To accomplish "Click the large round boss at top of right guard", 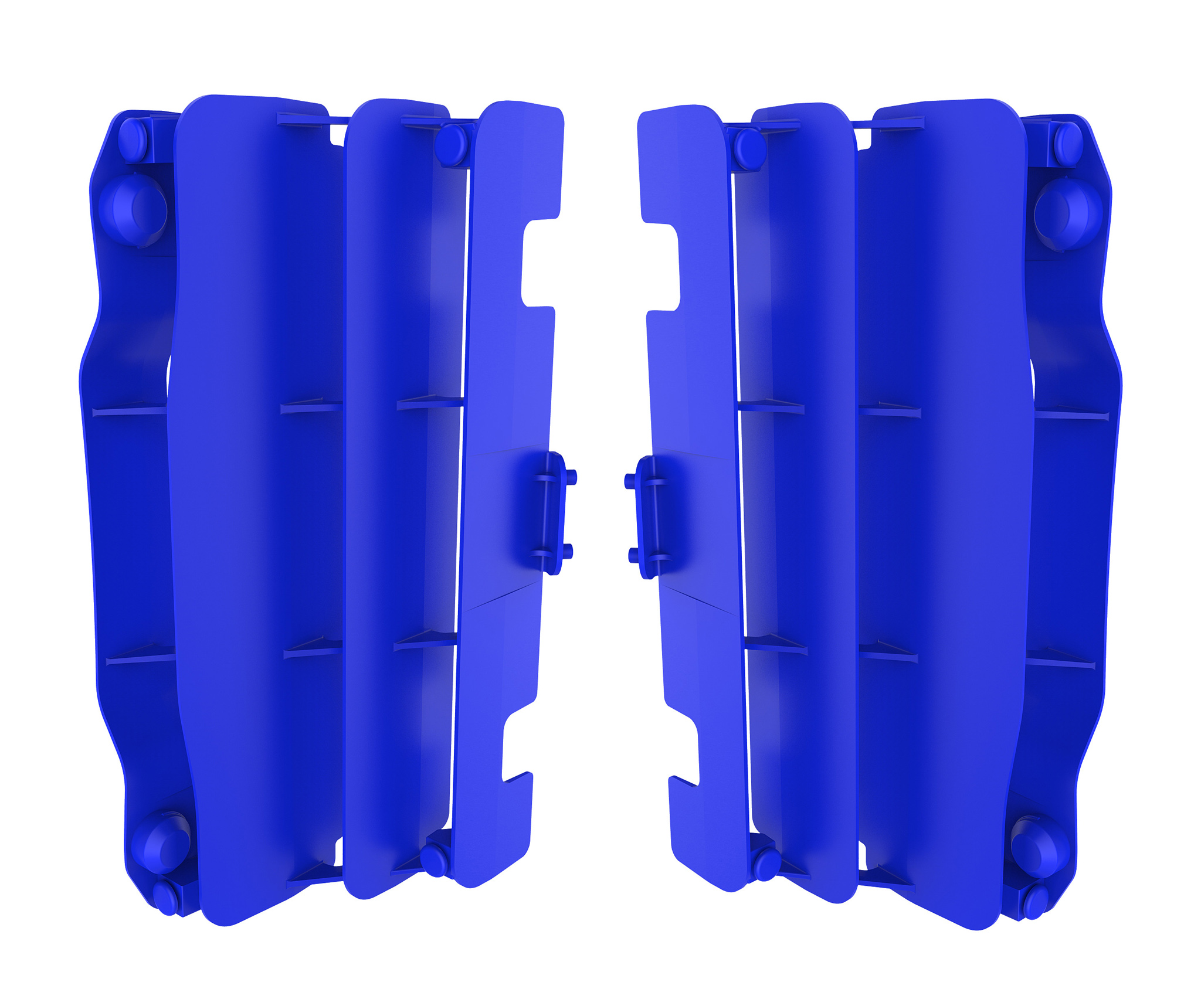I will pyautogui.click(x=1067, y=214).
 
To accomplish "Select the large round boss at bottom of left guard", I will pyautogui.click(x=161, y=843).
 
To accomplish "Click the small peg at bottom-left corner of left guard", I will pyautogui.click(x=167, y=898).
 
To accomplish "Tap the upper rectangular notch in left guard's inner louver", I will pyautogui.click(x=538, y=263).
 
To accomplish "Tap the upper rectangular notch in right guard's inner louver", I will pyautogui.click(x=661, y=267).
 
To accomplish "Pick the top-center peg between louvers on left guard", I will pyautogui.click(x=451, y=144).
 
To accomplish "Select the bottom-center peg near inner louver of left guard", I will pyautogui.click(x=435, y=860).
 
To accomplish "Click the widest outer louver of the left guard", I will pyautogui.click(x=258, y=498).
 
